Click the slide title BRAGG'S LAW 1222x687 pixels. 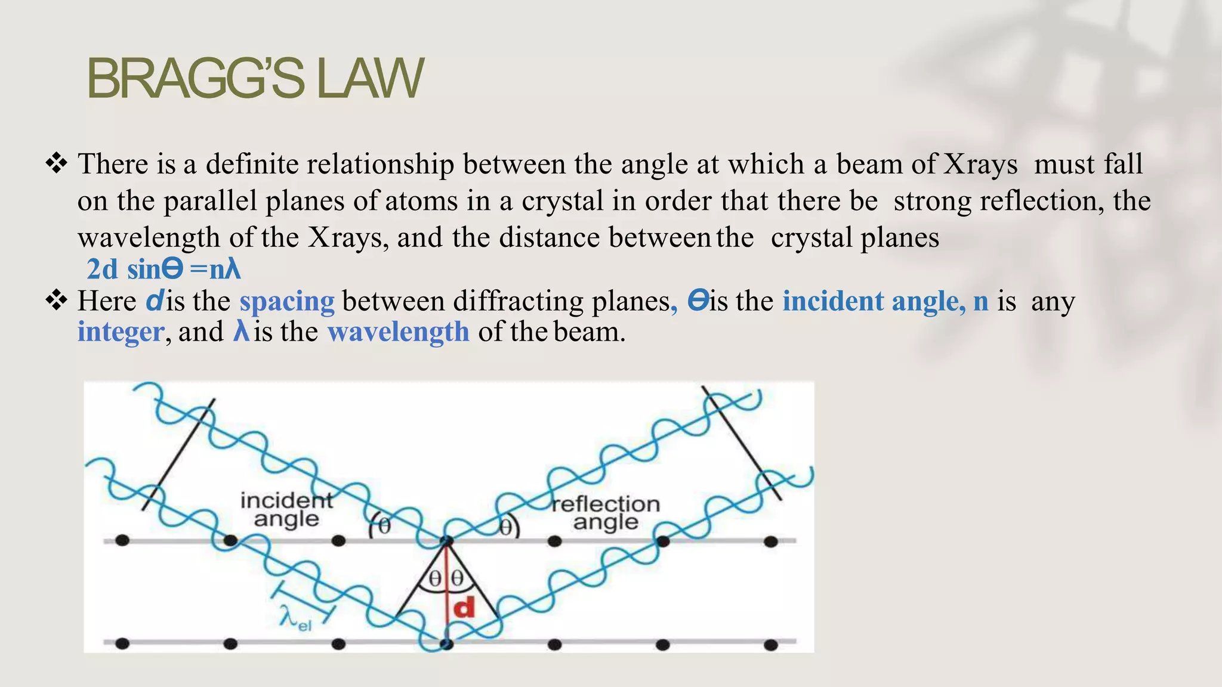point(255,79)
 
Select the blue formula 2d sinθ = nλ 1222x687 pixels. point(163,269)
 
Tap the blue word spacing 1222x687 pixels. point(287,301)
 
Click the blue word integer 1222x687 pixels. point(121,332)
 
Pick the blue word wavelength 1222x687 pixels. point(399,332)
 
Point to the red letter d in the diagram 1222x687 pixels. point(464,608)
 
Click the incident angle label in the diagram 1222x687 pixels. point(286,510)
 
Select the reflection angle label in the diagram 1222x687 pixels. point(606,513)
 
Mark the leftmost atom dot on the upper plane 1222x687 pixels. point(122,541)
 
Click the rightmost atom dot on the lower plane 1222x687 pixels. point(771,645)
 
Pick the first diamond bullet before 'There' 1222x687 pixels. point(57,163)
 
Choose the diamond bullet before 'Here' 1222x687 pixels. point(57,301)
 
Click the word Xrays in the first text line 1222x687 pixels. point(980,165)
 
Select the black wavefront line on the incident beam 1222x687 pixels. point(178,454)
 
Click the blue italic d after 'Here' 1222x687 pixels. point(154,301)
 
